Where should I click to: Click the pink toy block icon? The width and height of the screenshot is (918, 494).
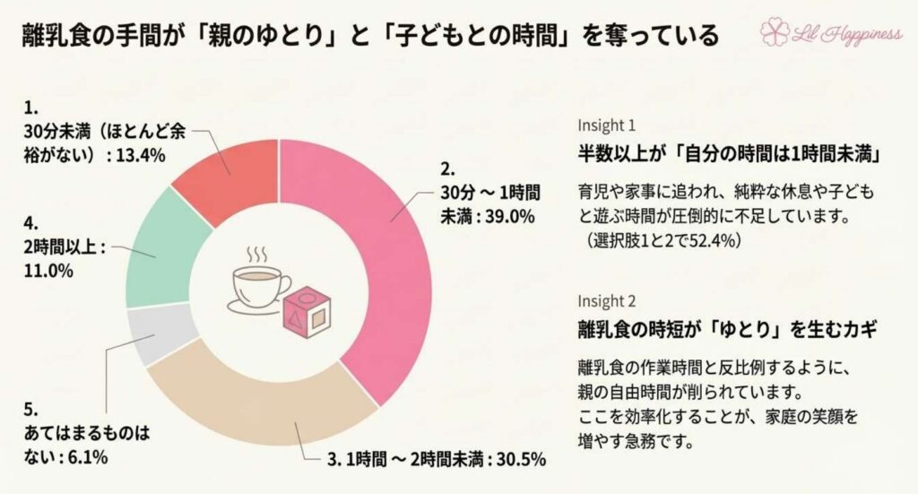307,309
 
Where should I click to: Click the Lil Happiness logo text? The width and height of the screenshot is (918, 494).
846,34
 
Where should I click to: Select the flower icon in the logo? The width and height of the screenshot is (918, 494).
775,34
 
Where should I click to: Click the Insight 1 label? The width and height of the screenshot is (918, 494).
607,125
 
